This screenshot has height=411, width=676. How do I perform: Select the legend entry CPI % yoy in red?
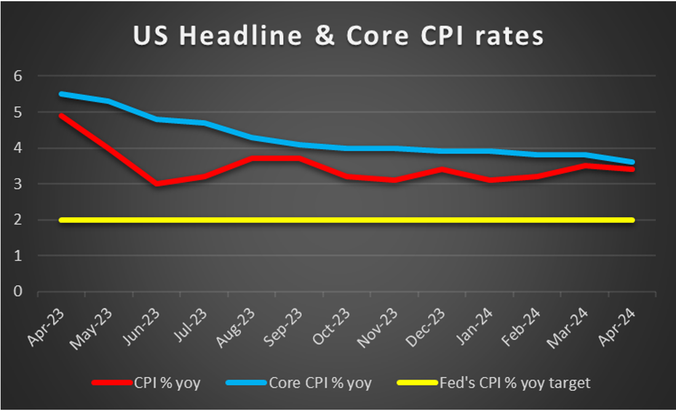[167, 383]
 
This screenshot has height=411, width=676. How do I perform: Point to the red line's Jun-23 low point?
[157, 184]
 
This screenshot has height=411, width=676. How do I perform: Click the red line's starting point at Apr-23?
[61, 116]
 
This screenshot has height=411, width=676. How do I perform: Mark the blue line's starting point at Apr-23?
[61, 94]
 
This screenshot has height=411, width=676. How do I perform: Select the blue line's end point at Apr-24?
[632, 162]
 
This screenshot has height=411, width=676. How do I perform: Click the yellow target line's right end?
[632, 220]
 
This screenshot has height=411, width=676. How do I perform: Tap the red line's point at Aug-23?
[252, 158]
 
